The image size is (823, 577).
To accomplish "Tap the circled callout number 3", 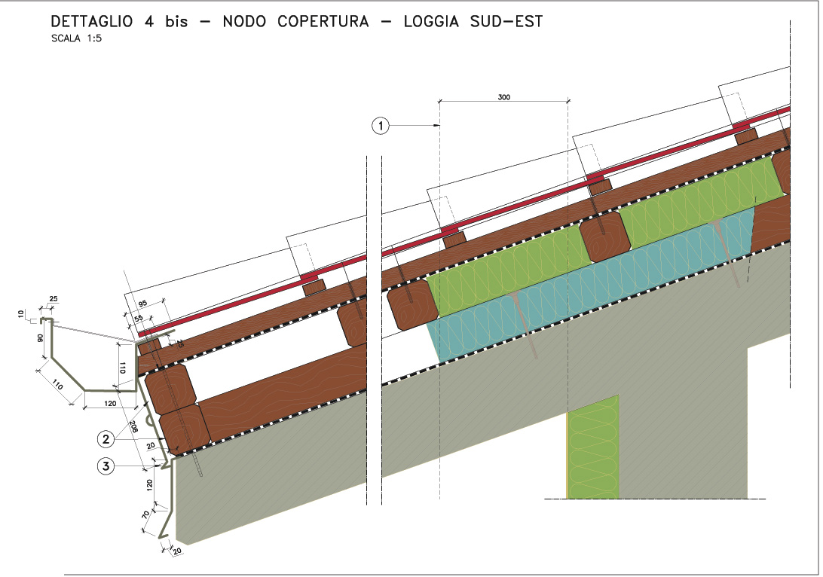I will click(x=106, y=467).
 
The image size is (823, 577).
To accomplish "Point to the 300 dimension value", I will click(x=503, y=96).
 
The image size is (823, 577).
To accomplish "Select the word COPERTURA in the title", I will click(x=323, y=21).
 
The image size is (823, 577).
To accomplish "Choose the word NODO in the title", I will click(x=244, y=21).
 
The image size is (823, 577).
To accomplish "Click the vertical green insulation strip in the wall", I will click(x=593, y=447).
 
